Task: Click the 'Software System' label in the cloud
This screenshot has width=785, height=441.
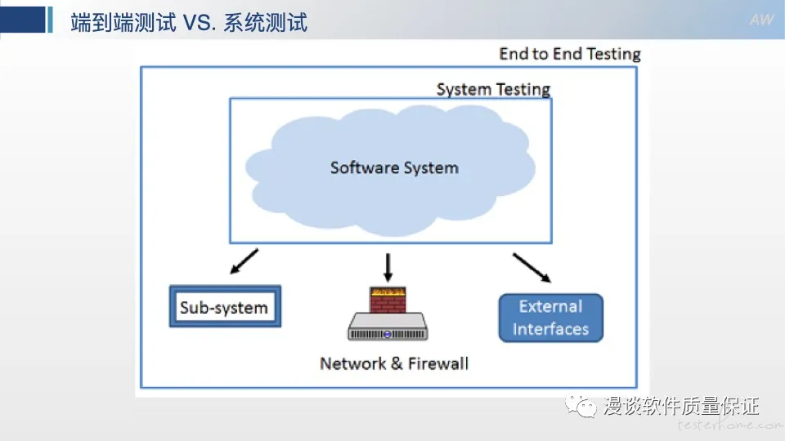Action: [394, 168]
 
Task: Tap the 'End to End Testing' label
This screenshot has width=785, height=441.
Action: [570, 54]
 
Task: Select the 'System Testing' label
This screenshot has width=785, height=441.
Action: [493, 90]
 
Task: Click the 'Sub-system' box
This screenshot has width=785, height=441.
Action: [225, 306]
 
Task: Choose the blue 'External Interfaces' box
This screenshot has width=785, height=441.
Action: [550, 318]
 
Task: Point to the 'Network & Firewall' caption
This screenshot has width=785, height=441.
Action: [394, 363]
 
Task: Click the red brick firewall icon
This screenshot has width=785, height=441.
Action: [388, 300]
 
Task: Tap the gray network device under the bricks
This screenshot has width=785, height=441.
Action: [388, 327]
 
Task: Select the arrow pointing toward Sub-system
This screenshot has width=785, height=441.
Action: [244, 261]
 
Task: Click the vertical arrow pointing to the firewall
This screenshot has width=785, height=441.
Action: [388, 268]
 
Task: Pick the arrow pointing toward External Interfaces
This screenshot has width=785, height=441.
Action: [532, 268]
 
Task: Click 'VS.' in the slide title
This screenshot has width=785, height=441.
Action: [200, 23]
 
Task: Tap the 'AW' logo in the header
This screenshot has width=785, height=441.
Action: [761, 20]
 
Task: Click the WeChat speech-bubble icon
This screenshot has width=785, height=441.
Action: [581, 406]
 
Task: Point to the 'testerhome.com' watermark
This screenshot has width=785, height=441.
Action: [730, 425]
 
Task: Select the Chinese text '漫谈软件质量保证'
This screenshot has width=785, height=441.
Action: [681, 406]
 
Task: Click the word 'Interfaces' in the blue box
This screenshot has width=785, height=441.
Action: [550, 329]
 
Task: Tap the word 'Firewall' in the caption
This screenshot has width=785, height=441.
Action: [438, 363]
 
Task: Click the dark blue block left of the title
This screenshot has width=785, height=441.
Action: [23, 20]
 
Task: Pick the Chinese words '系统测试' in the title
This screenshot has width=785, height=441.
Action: [265, 23]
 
